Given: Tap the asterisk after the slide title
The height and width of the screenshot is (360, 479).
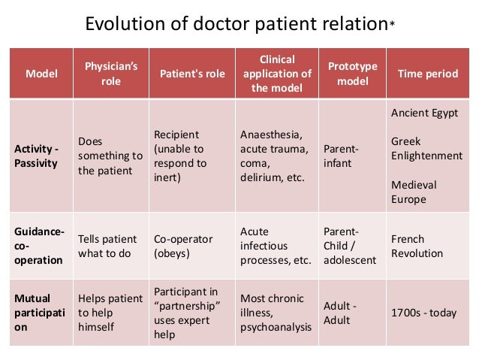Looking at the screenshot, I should coord(391,24).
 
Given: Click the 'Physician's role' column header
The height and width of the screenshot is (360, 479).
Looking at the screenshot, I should coord(110,74).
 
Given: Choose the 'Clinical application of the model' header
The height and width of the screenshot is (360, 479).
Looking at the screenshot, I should coord(276,74).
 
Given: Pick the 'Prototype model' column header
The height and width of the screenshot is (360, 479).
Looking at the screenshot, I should coord(352,74).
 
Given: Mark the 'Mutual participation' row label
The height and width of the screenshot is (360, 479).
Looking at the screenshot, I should coord(37,312).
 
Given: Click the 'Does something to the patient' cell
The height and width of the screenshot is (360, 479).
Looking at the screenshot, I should coord(110,156).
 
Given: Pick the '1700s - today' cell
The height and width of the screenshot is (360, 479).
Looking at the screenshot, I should coord(423,312).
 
